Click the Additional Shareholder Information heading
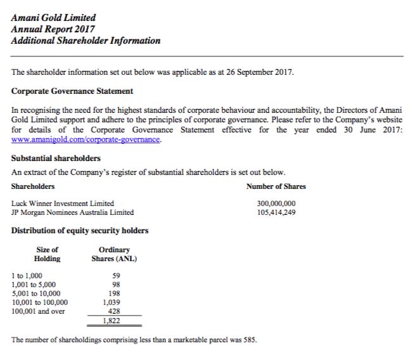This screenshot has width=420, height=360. pyautogui.click(x=86, y=41)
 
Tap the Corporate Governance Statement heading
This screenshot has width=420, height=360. pyautogui.click(x=72, y=91)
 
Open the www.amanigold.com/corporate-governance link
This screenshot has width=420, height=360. pyautogui.click(x=86, y=139)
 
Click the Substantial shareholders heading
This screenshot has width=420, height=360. pyautogui.click(x=56, y=158)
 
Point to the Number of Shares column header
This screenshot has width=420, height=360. pyautogui.click(x=276, y=186)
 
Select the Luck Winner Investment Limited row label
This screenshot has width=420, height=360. pyautogui.click(x=63, y=203)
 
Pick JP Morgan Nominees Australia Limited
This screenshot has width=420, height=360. pyautogui.click(x=73, y=212)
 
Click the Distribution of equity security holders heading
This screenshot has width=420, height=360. pyautogui.click(x=80, y=230)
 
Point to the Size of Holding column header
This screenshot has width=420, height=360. pyautogui.click(x=47, y=254)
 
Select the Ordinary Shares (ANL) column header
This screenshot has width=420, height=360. pyautogui.click(x=114, y=254)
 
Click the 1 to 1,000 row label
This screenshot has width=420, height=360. pyautogui.click(x=27, y=276)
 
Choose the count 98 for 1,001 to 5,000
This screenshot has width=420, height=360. pyautogui.click(x=115, y=285)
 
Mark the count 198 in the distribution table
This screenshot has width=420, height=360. pyautogui.click(x=114, y=293)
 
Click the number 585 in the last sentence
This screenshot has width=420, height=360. pyautogui.click(x=249, y=339)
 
